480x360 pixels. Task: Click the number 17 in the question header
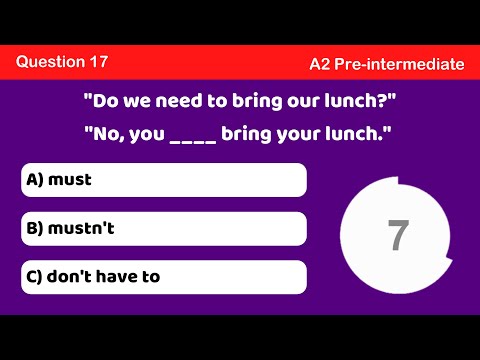98,61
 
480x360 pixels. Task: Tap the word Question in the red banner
49,61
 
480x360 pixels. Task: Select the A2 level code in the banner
320,64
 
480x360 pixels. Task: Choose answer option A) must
164,180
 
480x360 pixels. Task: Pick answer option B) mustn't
164,228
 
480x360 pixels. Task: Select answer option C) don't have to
164,277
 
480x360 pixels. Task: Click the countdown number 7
398,234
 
